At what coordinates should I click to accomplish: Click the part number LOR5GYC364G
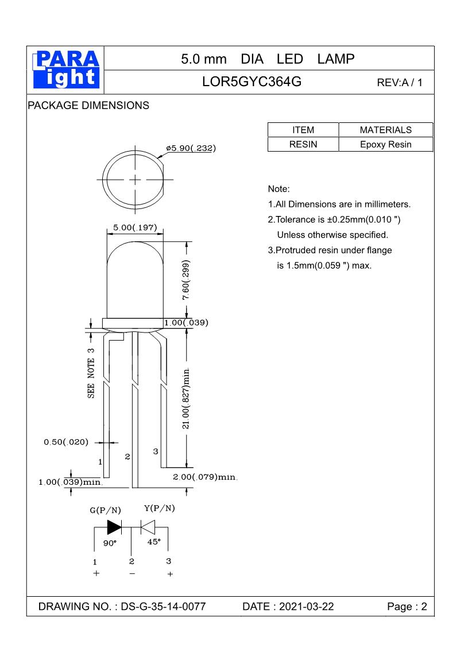tap(252, 82)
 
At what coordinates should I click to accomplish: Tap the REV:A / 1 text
tap(399, 83)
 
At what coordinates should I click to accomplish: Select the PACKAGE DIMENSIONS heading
tap(88, 106)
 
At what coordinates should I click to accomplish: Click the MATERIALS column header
tap(385, 130)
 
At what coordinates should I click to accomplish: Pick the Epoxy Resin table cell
tap(385, 144)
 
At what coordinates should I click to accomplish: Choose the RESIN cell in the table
tap(303, 144)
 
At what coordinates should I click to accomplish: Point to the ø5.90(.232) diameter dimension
tap(190, 148)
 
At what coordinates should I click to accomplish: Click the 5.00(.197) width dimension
tap(135, 228)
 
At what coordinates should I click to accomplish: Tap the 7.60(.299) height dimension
tap(186, 281)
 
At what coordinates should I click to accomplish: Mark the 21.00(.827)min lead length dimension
tap(187, 396)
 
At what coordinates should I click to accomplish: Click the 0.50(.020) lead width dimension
tap(66, 442)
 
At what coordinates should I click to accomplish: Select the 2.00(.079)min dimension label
tap(205, 477)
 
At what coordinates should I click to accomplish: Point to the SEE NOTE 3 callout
tap(91, 373)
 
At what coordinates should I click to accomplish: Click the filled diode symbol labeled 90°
tap(114, 527)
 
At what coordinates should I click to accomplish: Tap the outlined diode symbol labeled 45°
tap(149, 527)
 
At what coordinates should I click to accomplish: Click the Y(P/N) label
tap(160, 508)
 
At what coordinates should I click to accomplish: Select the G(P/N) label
tap(106, 510)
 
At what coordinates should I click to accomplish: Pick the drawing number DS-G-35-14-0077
tap(164, 607)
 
